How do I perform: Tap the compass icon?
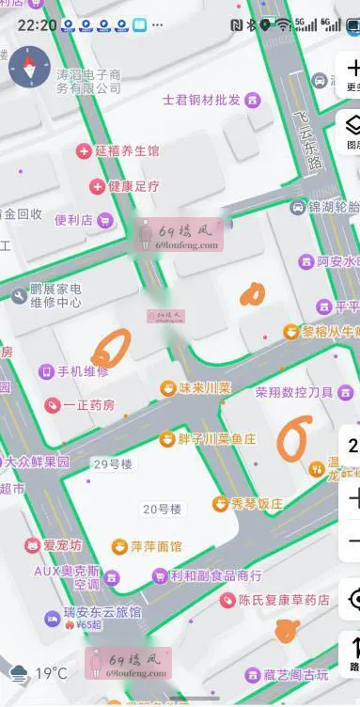coord(29,67)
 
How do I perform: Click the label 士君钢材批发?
coord(202,100)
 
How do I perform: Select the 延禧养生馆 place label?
coord(127,150)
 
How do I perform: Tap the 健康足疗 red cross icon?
coord(96,186)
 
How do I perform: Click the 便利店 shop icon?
coord(105,220)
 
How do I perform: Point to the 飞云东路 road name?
coord(305,140)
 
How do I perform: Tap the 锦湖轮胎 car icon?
coord(298,207)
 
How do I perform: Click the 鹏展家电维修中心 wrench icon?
coord(19,296)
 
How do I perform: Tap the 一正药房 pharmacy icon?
coord(53,405)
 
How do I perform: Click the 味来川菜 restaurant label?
coord(205,387)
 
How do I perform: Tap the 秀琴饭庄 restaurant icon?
coord(220,503)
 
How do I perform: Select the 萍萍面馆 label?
coord(155,546)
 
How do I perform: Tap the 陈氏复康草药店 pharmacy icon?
coord(227,600)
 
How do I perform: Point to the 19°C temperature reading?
coord(51,673)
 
